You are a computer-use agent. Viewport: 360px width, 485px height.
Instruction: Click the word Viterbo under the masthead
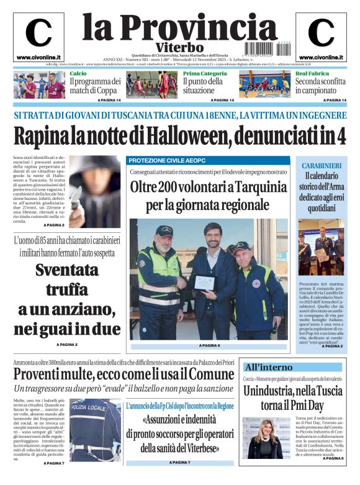(179, 47)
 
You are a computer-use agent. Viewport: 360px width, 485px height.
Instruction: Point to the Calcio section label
(78, 74)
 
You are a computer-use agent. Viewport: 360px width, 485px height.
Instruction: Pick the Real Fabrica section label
(312, 74)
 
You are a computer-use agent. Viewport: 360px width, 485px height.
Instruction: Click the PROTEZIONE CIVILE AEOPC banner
(160, 160)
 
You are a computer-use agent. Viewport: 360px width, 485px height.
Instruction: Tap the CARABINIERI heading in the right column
(321, 166)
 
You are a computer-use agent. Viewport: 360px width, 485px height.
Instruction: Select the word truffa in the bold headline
(74, 290)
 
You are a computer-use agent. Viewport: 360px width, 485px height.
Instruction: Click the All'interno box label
(268, 367)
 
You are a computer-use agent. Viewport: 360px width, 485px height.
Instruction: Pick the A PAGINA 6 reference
(209, 345)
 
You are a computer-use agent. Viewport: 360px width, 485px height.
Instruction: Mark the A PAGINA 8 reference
(333, 458)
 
